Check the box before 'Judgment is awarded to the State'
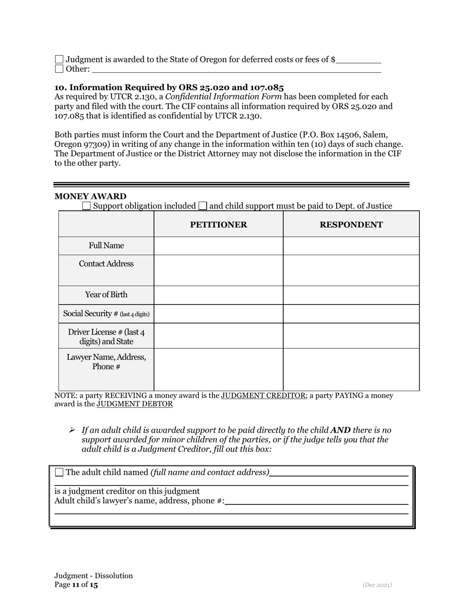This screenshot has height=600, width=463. click(59, 60)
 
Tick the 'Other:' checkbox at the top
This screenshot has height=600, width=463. click(59, 69)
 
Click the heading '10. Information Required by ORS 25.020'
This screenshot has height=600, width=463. click(169, 87)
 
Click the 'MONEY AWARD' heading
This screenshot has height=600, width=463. click(90, 196)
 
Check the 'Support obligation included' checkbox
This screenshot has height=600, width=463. click(86, 206)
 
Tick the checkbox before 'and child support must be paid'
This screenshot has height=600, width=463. click(203, 206)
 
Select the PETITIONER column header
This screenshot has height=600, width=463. click(218, 224)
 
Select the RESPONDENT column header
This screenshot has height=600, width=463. click(351, 224)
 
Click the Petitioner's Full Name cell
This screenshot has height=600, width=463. click(218, 246)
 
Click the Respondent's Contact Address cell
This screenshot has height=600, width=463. click(351, 270)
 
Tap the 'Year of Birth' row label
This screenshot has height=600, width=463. click(106, 295)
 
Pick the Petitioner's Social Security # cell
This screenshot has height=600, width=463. click(218, 314)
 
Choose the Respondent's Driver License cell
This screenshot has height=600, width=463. click(351, 336)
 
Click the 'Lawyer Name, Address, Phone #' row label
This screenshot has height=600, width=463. click(106, 361)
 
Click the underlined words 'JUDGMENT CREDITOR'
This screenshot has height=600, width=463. click(263, 396)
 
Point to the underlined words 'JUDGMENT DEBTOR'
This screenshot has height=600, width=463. click(135, 404)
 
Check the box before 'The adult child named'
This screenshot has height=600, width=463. click(59, 472)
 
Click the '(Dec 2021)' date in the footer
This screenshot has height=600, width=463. click(377, 585)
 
